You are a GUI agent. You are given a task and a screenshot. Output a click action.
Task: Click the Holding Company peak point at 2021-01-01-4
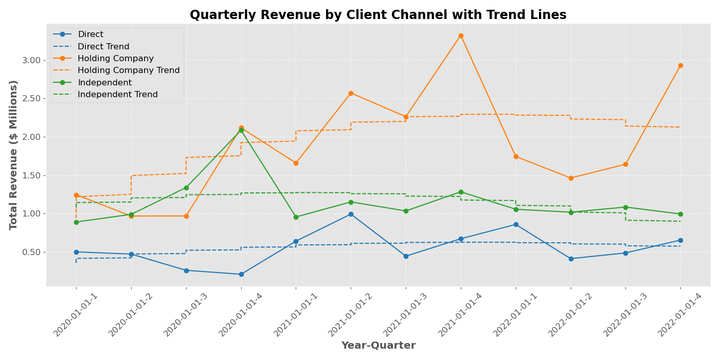(461, 35)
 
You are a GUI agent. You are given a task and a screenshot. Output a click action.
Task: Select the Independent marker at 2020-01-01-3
(186, 188)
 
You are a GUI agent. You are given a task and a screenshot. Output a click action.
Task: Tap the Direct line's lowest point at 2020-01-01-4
(241, 274)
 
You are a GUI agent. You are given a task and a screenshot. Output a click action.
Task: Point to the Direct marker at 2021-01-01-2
(351, 214)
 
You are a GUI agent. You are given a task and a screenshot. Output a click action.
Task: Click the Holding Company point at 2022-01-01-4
(680, 65)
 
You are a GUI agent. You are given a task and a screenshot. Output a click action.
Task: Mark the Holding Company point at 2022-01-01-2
(571, 178)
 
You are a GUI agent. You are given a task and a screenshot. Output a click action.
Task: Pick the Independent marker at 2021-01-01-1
(296, 217)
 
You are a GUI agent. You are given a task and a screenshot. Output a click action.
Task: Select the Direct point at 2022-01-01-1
(516, 224)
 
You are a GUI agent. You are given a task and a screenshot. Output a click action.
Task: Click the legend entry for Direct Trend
(103, 47)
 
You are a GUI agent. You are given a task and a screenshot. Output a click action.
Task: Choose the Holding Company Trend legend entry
(129, 70)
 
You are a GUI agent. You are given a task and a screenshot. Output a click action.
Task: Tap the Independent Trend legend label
(117, 95)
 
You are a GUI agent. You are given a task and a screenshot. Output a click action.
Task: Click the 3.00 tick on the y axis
(31, 60)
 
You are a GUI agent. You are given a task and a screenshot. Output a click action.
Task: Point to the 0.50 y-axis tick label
(31, 252)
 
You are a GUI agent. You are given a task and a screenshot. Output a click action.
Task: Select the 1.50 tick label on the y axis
(31, 175)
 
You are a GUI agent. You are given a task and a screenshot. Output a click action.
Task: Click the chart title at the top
(378, 15)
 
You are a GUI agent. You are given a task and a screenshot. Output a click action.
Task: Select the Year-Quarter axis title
(378, 346)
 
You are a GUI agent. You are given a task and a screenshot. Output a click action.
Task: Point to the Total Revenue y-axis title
(14, 154)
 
